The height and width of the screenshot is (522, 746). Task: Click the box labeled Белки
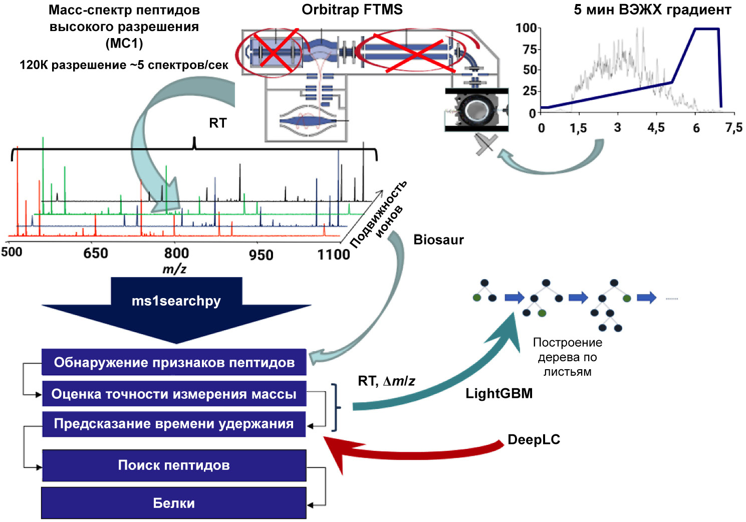(x=173, y=503)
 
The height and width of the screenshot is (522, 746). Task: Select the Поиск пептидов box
(x=173, y=465)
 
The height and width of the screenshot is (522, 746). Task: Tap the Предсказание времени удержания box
(x=173, y=424)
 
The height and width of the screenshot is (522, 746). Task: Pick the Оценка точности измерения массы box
(x=173, y=394)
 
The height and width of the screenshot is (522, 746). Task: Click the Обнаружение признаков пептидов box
(x=173, y=362)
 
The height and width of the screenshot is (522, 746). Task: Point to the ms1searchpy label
(x=176, y=301)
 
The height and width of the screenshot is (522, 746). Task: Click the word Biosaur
(x=438, y=240)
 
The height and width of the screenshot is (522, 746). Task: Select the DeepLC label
(x=534, y=440)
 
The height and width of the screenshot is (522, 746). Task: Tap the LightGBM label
(x=499, y=394)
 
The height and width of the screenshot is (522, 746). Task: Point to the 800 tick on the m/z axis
(x=176, y=253)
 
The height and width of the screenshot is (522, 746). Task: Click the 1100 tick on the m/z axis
(x=334, y=254)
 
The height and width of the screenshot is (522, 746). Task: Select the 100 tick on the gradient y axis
(x=526, y=28)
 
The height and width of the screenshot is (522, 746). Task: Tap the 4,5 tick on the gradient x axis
(x=656, y=128)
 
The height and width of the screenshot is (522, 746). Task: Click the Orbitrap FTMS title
(x=352, y=10)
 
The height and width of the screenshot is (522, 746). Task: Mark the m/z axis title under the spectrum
(x=174, y=269)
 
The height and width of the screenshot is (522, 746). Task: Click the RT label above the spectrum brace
(x=217, y=123)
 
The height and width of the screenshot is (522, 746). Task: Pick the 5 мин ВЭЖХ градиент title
(x=652, y=10)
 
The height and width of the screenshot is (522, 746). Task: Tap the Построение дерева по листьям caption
(x=567, y=357)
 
